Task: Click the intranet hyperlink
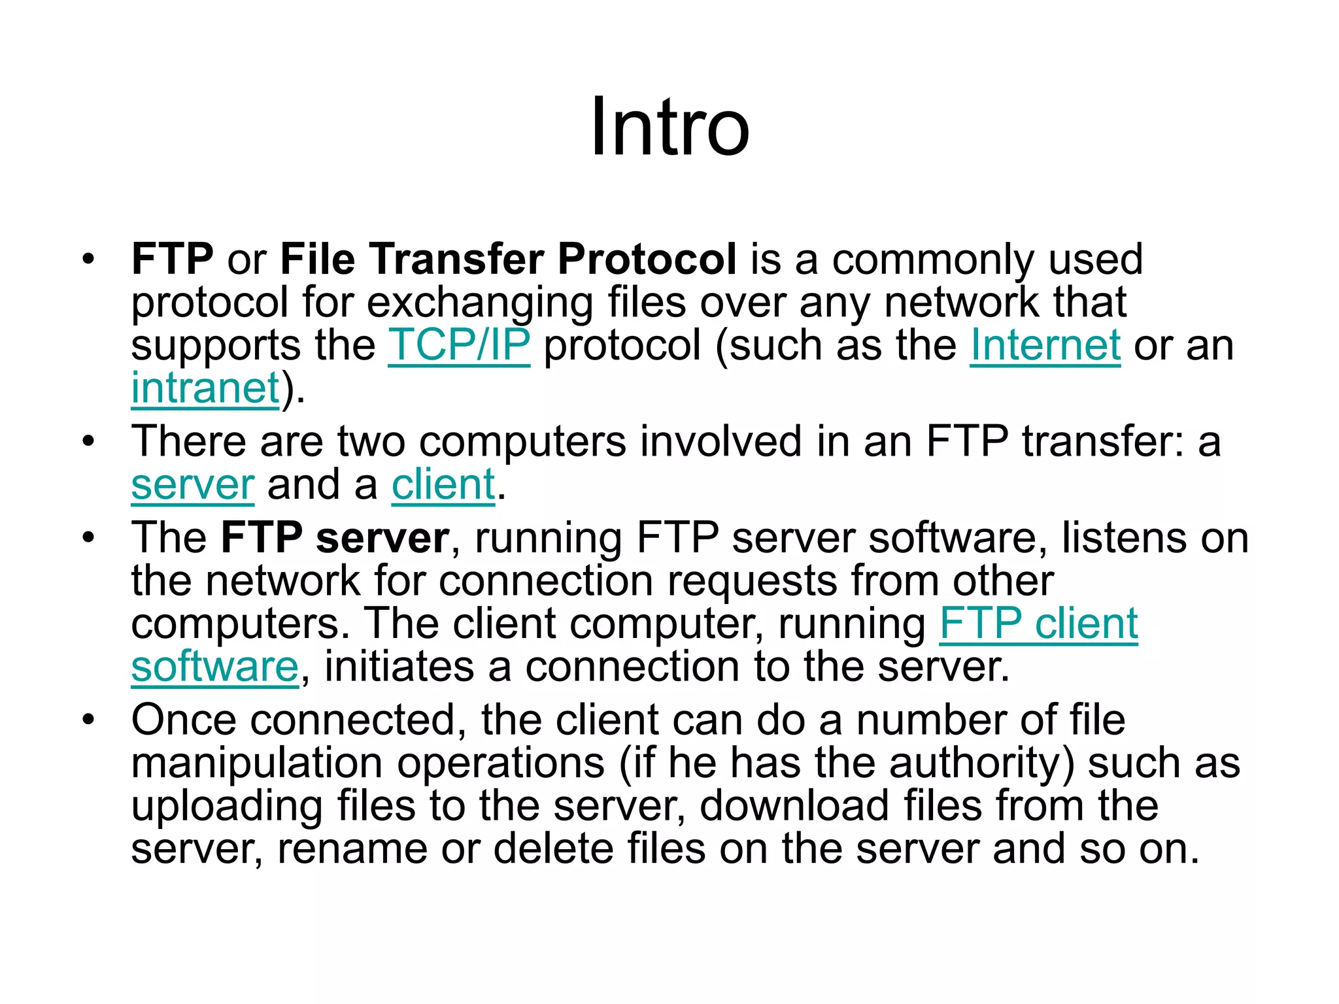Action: pyautogui.click(x=205, y=388)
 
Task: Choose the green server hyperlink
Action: pyautogui.click(x=192, y=485)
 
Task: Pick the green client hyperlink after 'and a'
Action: pyautogui.click(x=443, y=485)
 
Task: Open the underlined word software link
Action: pyautogui.click(x=214, y=667)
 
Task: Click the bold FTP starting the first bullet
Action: pyautogui.click(x=172, y=259)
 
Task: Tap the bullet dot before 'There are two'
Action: pyautogui.click(x=88, y=442)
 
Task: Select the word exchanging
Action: pyautogui.click(x=479, y=303)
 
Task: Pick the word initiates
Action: pyautogui.click(x=399, y=667)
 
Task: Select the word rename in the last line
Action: pyautogui.click(x=352, y=848)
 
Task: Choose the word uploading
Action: pyautogui.click(x=227, y=807)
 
